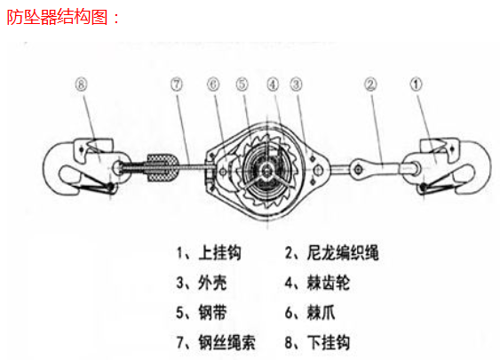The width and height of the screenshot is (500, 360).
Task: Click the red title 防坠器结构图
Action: coord(58,17)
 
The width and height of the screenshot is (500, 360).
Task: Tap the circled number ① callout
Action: coord(416,84)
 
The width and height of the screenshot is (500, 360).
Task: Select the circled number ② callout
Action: coord(370,84)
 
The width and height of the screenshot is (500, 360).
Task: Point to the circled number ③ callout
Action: coord(297,84)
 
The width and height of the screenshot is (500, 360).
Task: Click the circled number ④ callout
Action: coord(273,84)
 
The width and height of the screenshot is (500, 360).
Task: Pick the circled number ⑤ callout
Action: coord(242,84)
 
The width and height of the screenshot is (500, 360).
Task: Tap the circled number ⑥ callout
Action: coord(213,84)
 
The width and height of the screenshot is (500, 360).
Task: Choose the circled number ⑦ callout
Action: coord(177,84)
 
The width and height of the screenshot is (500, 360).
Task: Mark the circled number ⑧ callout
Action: coord(81,84)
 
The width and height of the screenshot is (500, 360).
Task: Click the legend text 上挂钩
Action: coord(219,252)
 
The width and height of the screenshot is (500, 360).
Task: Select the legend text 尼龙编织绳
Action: coord(343,252)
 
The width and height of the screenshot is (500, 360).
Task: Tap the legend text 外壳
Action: coord(212,283)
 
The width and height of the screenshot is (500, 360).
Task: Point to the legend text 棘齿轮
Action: coord(329,283)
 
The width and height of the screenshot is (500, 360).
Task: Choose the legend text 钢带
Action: coord(212,313)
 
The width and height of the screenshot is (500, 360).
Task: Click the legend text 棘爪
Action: coord(321,313)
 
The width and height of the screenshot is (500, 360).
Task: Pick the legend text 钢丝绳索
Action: coord(227,342)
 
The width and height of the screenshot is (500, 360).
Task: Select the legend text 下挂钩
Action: coord(329,342)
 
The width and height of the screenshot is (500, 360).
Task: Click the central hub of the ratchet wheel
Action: coord(266,172)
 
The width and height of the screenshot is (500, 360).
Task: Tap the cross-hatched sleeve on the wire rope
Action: coord(162,167)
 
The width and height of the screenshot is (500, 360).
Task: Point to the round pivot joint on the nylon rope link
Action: coord(359,168)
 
